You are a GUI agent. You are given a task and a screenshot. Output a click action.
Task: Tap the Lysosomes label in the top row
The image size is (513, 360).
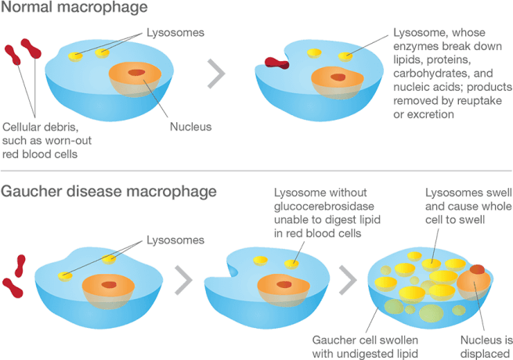click(175, 34)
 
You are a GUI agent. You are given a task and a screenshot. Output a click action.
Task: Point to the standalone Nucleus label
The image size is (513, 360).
click(191, 128)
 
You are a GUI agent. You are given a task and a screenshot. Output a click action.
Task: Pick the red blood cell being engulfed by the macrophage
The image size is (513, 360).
click(276, 62)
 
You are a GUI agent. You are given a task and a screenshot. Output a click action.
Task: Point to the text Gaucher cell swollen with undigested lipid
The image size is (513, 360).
click(366, 346)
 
